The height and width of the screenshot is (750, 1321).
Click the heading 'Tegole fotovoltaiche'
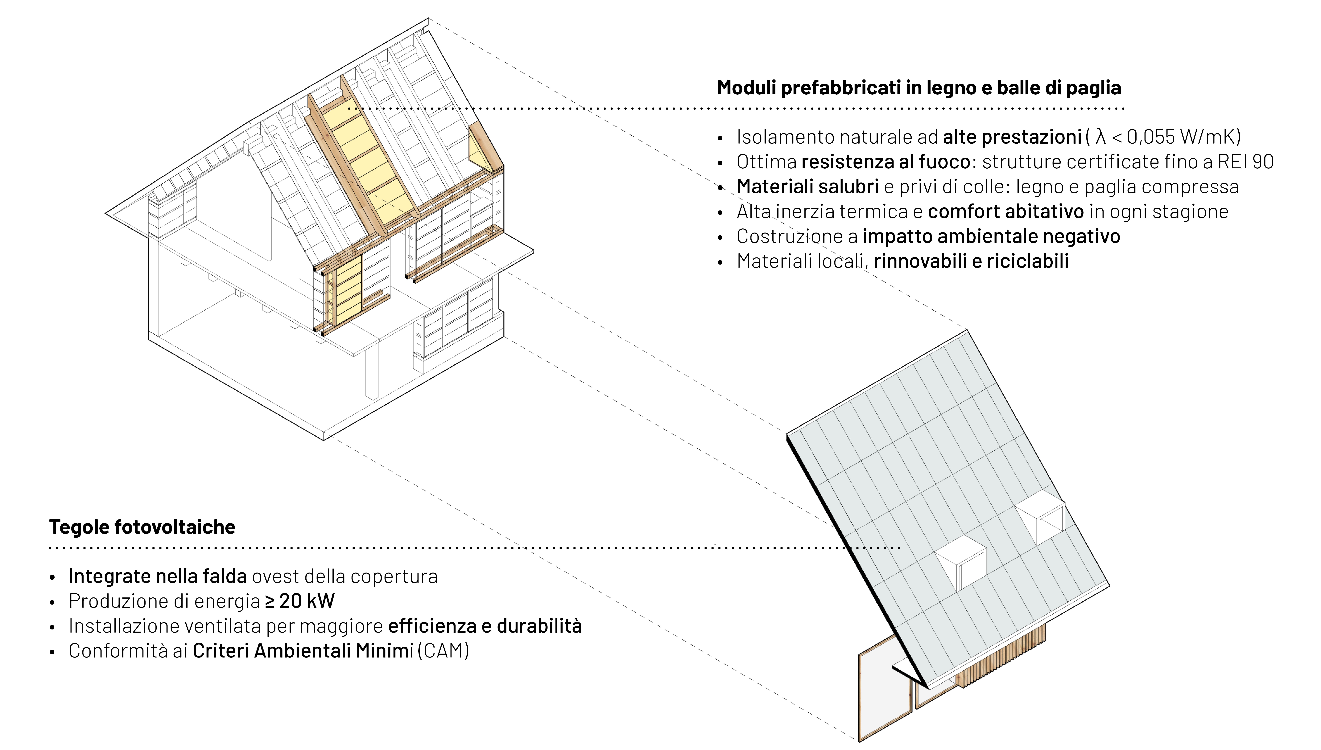coord(142,527)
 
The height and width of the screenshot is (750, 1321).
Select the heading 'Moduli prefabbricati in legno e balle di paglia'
coord(919,88)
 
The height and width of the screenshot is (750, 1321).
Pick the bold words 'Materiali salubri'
coord(807,186)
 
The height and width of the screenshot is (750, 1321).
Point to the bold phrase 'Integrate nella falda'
coord(158,576)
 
